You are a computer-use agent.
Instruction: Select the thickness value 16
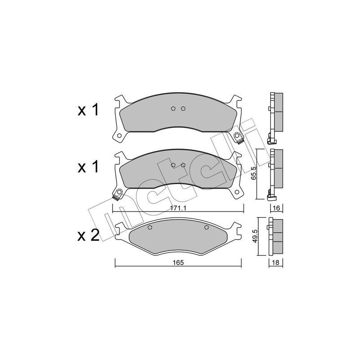click(276, 208)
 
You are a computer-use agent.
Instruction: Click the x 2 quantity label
click(89, 236)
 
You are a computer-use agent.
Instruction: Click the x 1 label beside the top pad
click(89, 111)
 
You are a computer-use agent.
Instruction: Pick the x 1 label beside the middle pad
click(89, 167)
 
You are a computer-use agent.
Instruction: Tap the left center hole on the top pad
click(174, 108)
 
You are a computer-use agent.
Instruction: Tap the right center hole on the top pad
click(183, 108)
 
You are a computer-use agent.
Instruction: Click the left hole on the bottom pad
click(150, 228)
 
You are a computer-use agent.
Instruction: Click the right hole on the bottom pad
click(207, 228)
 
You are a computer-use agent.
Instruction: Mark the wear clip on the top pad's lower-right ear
click(238, 136)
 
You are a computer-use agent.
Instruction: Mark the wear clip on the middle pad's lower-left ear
click(118, 194)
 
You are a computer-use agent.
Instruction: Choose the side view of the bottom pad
click(275, 237)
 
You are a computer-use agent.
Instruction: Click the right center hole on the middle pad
click(183, 165)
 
